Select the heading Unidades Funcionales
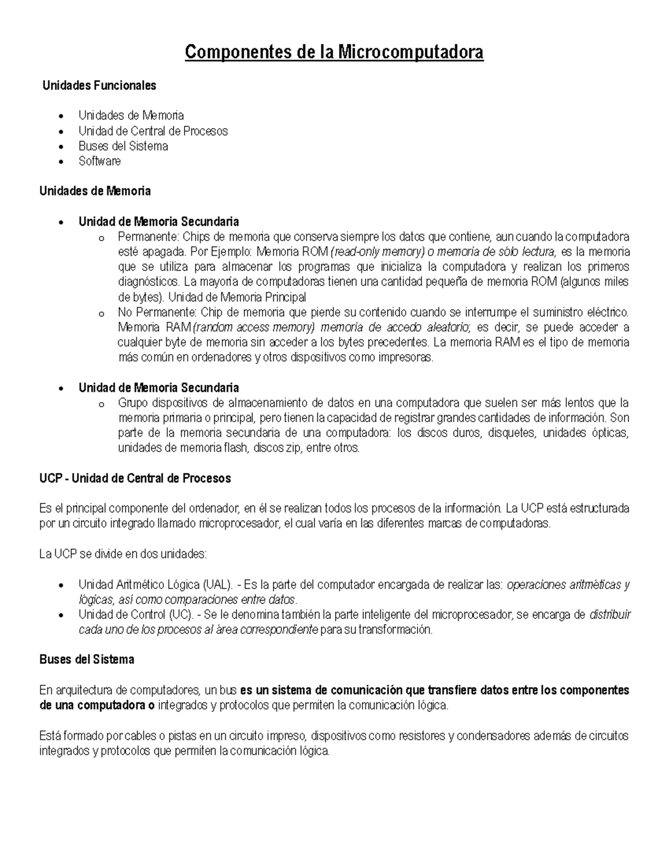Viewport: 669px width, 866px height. click(x=99, y=86)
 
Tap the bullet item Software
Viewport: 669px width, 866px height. click(x=99, y=161)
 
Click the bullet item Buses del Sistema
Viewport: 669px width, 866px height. click(x=123, y=146)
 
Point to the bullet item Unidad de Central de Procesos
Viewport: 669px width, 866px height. click(x=153, y=131)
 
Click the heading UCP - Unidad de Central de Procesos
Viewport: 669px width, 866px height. click(x=135, y=478)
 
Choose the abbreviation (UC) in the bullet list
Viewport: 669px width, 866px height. click(x=181, y=615)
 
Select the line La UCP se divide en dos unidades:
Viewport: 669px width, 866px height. click(x=123, y=554)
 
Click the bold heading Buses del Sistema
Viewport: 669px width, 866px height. click(x=86, y=660)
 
